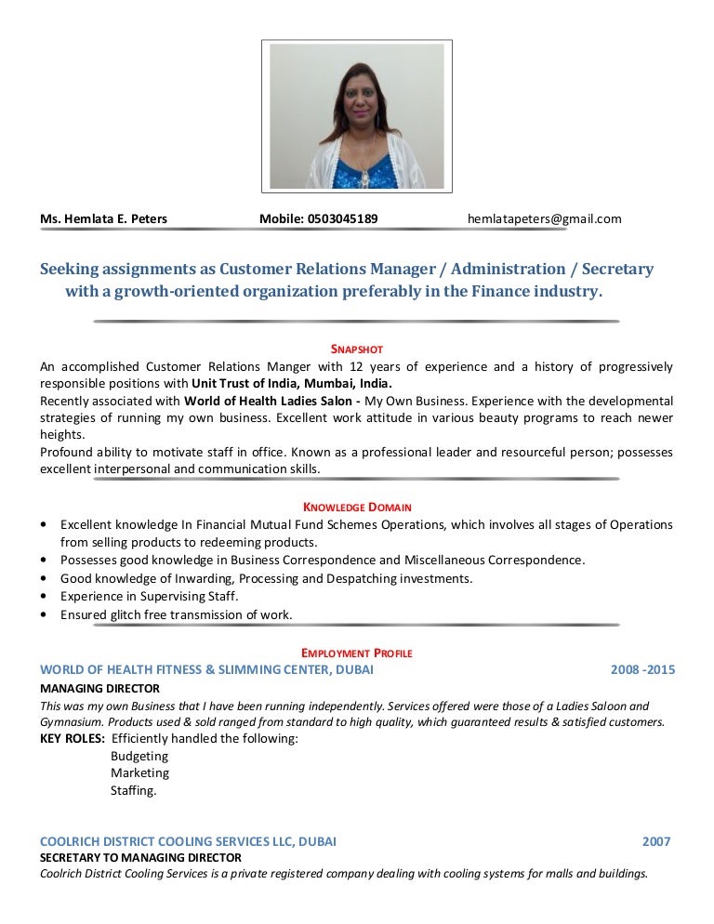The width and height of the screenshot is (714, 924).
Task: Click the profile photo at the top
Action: pyautogui.click(x=356, y=115)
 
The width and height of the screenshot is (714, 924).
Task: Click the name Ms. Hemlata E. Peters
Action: pyautogui.click(x=103, y=219)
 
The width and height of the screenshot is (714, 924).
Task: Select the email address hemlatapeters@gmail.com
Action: pyautogui.click(x=544, y=219)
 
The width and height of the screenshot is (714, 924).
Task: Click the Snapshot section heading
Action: pyautogui.click(x=357, y=349)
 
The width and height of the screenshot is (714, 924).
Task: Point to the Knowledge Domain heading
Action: pyautogui.click(x=357, y=507)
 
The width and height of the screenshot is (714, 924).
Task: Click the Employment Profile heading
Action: pyautogui.click(x=357, y=653)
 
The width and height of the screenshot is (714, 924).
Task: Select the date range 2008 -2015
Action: pyautogui.click(x=642, y=669)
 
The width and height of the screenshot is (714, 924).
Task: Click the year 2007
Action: pyautogui.click(x=656, y=841)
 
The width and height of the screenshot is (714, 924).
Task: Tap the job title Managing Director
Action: pyautogui.click(x=99, y=689)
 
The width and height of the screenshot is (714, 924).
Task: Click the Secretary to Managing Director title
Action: pyautogui.click(x=140, y=857)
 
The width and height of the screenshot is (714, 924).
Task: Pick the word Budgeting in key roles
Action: pyautogui.click(x=139, y=756)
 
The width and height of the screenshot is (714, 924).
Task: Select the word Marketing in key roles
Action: pyautogui.click(x=139, y=772)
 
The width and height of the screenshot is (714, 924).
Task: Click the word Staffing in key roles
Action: pyautogui.click(x=134, y=791)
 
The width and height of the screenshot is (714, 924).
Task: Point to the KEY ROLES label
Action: pyautogui.click(x=72, y=739)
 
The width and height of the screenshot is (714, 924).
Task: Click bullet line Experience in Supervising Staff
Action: pyautogui.click(x=150, y=596)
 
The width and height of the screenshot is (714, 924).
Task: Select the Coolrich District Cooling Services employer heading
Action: pyautogui.click(x=188, y=841)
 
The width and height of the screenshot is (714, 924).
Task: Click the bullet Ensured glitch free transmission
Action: pyautogui.click(x=176, y=614)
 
